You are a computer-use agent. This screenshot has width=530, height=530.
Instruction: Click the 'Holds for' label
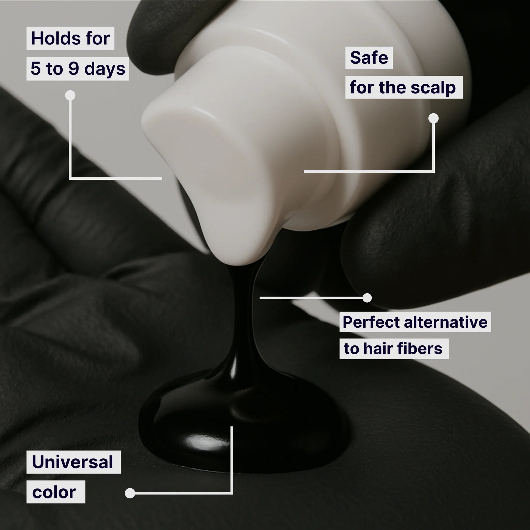[70, 38]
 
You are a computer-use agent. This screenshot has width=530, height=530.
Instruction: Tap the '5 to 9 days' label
[78, 69]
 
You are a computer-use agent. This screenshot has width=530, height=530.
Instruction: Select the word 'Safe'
[369, 58]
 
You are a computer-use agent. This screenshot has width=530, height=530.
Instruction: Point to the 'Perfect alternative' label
[415, 322]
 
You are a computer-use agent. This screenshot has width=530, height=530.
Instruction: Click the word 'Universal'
[73, 462]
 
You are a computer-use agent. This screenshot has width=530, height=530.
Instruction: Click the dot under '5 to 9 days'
[70, 96]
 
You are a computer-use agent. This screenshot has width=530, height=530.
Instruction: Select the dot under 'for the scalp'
[433, 118]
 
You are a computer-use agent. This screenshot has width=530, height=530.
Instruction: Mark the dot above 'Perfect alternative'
[367, 298]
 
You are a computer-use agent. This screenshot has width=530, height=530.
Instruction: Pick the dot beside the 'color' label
[130, 493]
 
